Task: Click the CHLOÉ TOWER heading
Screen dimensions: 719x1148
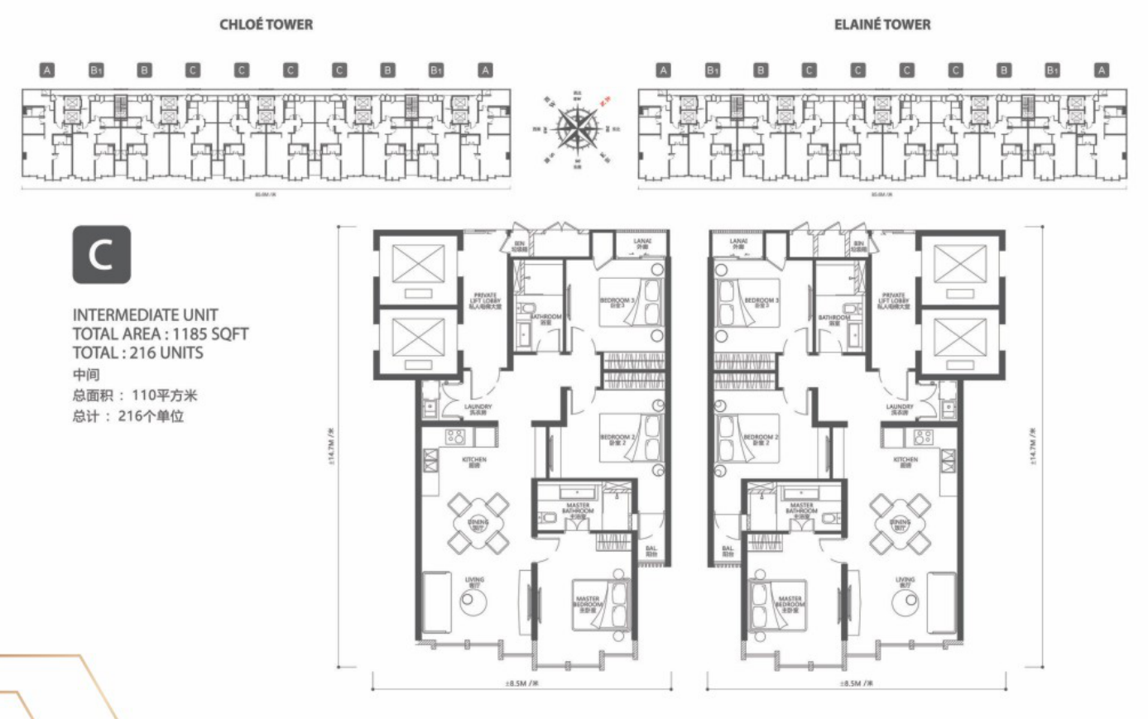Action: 266,25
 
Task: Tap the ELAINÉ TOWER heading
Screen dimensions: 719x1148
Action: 881,25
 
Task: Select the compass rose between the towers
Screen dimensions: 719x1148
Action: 578,129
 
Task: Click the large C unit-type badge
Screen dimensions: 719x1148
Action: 101,255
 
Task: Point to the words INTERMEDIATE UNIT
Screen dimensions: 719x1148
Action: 145,315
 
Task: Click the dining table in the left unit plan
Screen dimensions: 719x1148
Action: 478,523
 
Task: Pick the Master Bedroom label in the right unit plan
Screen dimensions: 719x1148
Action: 790,602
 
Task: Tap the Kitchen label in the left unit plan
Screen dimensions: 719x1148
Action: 473,462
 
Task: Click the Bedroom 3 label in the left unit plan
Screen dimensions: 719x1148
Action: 617,302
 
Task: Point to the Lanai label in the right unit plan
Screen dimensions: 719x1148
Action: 738,243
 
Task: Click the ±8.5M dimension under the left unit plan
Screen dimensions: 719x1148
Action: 521,684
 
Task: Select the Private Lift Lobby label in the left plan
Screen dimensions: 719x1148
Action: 485,300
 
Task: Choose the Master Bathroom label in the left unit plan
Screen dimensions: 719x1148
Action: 578,508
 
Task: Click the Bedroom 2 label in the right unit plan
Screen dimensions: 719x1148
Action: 761,439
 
